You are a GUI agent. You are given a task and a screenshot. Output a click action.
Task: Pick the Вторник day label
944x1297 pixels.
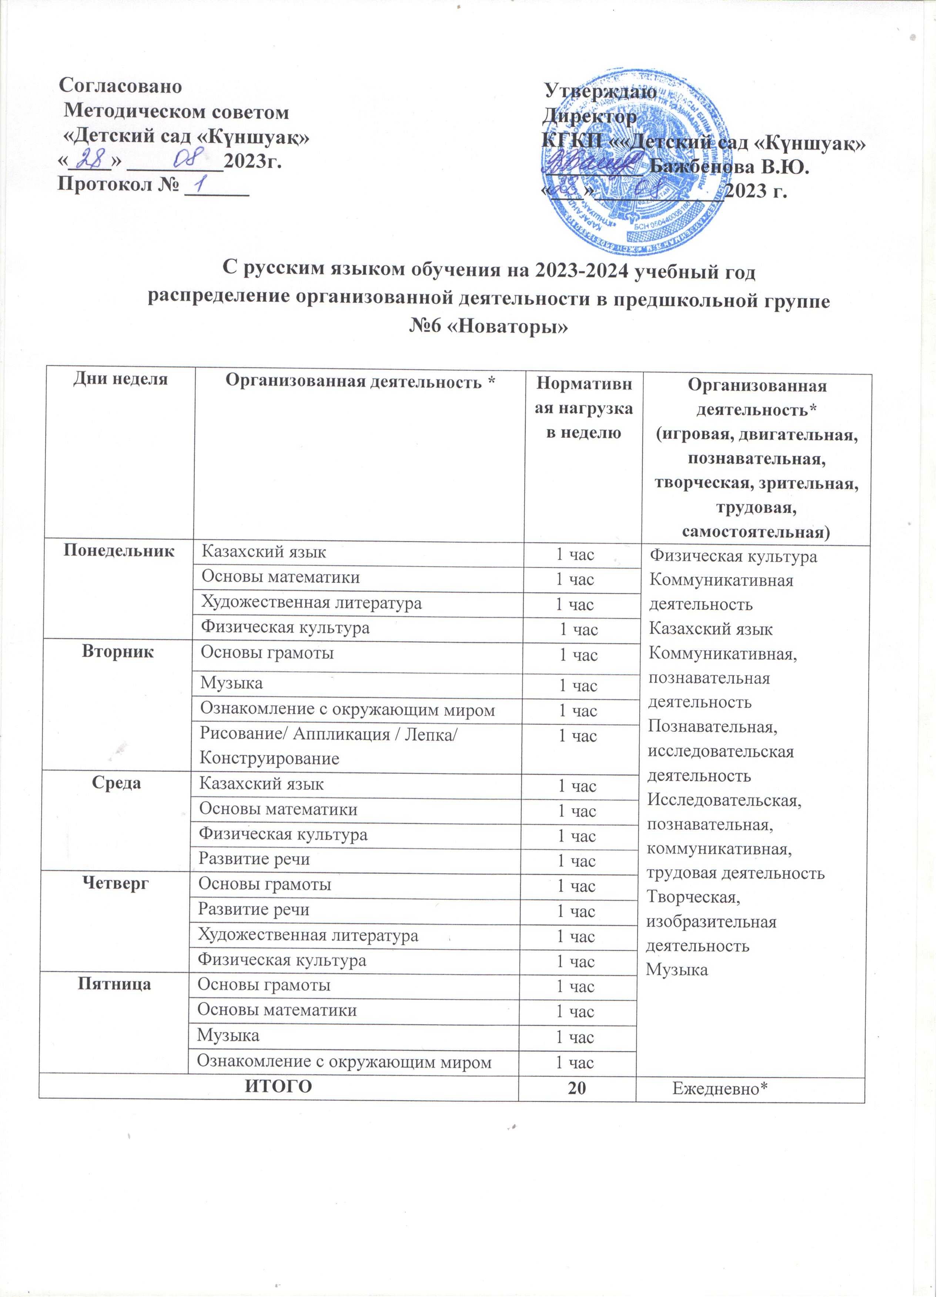tap(118, 652)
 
